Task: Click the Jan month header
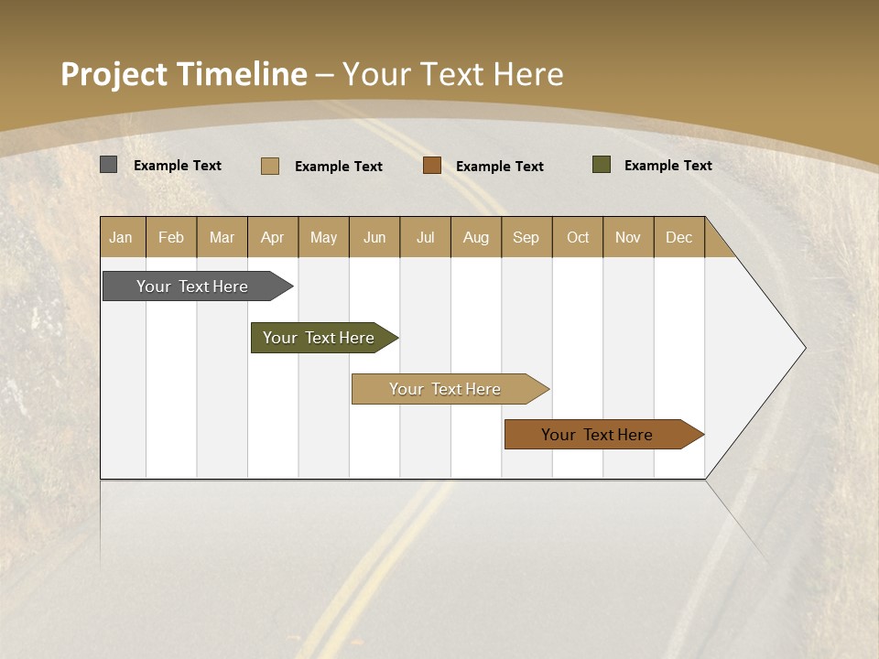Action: pos(122,237)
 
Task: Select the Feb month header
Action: pos(171,237)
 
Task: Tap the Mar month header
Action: pos(222,237)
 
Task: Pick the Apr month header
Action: pos(273,237)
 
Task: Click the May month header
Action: pos(323,237)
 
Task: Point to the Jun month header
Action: pos(374,237)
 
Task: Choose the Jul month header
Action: pos(425,237)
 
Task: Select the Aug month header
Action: pos(476,237)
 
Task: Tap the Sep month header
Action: pos(526,237)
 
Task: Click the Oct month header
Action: pos(578,237)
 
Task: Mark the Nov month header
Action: pos(628,237)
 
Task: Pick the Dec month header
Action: pos(679,237)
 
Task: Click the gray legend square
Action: pos(109,165)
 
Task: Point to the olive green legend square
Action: pos(602,165)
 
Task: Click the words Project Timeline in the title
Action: pos(184,74)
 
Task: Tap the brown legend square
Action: pos(432,166)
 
